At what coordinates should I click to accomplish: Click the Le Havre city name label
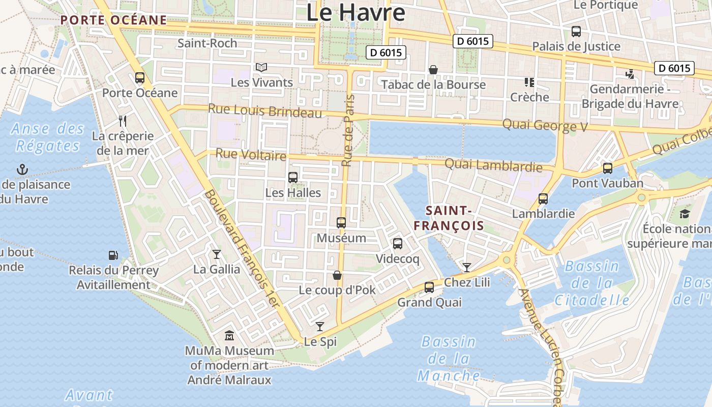[355, 12]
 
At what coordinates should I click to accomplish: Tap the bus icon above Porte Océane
[140, 78]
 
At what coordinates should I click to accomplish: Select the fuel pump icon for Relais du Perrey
[113, 255]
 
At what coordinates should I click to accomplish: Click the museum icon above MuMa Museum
[229, 336]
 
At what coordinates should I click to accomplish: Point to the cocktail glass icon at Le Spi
[320, 326]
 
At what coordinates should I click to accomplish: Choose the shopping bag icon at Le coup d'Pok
[337, 275]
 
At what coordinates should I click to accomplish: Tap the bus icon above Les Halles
[293, 178]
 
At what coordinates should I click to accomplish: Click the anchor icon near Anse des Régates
[22, 169]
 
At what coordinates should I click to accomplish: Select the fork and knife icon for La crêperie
[122, 121]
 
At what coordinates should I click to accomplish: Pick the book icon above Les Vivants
[261, 67]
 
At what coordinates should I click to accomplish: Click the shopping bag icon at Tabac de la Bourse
[433, 70]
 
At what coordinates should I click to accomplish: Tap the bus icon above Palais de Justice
[576, 32]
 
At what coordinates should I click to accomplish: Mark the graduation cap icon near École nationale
[685, 214]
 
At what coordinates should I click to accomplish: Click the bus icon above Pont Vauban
[607, 168]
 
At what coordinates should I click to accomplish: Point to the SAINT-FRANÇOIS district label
[448, 218]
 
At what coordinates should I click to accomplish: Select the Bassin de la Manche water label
[449, 359]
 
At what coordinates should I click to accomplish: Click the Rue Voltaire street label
[251, 154]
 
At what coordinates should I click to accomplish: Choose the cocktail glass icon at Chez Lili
[466, 267]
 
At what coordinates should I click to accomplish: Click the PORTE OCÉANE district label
[113, 20]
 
